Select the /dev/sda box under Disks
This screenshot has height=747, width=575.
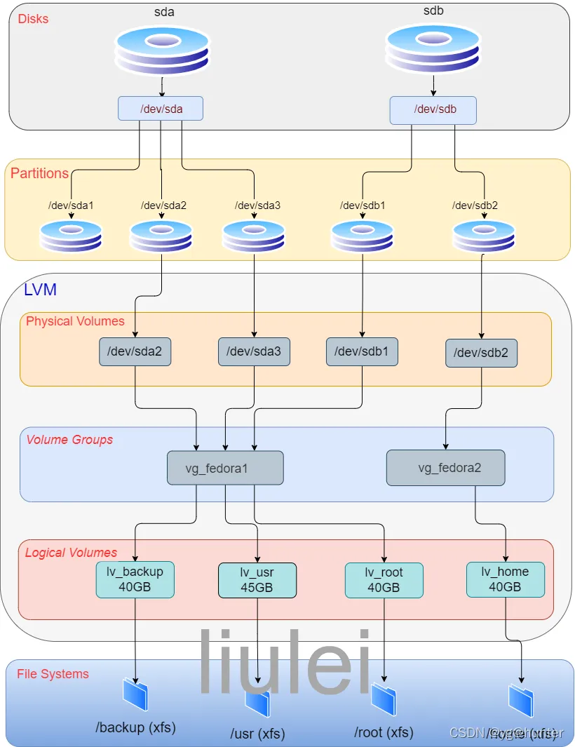[161, 108]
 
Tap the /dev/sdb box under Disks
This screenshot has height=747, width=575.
[433, 109]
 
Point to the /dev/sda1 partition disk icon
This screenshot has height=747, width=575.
[71, 236]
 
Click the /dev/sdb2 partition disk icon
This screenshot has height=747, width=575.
[483, 236]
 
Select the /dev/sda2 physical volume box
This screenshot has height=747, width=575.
[135, 351]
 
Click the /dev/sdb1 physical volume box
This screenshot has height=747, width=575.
[362, 351]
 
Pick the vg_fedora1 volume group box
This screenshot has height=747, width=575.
[225, 468]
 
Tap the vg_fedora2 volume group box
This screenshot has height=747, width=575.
[445, 468]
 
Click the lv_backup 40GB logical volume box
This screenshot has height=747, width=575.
[135, 579]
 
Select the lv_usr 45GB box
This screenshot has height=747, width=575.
[257, 581]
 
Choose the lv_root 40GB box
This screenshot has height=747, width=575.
[384, 580]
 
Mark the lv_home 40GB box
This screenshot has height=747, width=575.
[505, 579]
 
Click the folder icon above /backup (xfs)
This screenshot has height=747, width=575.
[135, 694]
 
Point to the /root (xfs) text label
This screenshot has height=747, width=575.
[384, 732]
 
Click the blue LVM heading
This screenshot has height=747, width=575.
[40, 290]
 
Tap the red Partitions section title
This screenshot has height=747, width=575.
[39, 173]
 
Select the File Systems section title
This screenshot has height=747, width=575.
[53, 674]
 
